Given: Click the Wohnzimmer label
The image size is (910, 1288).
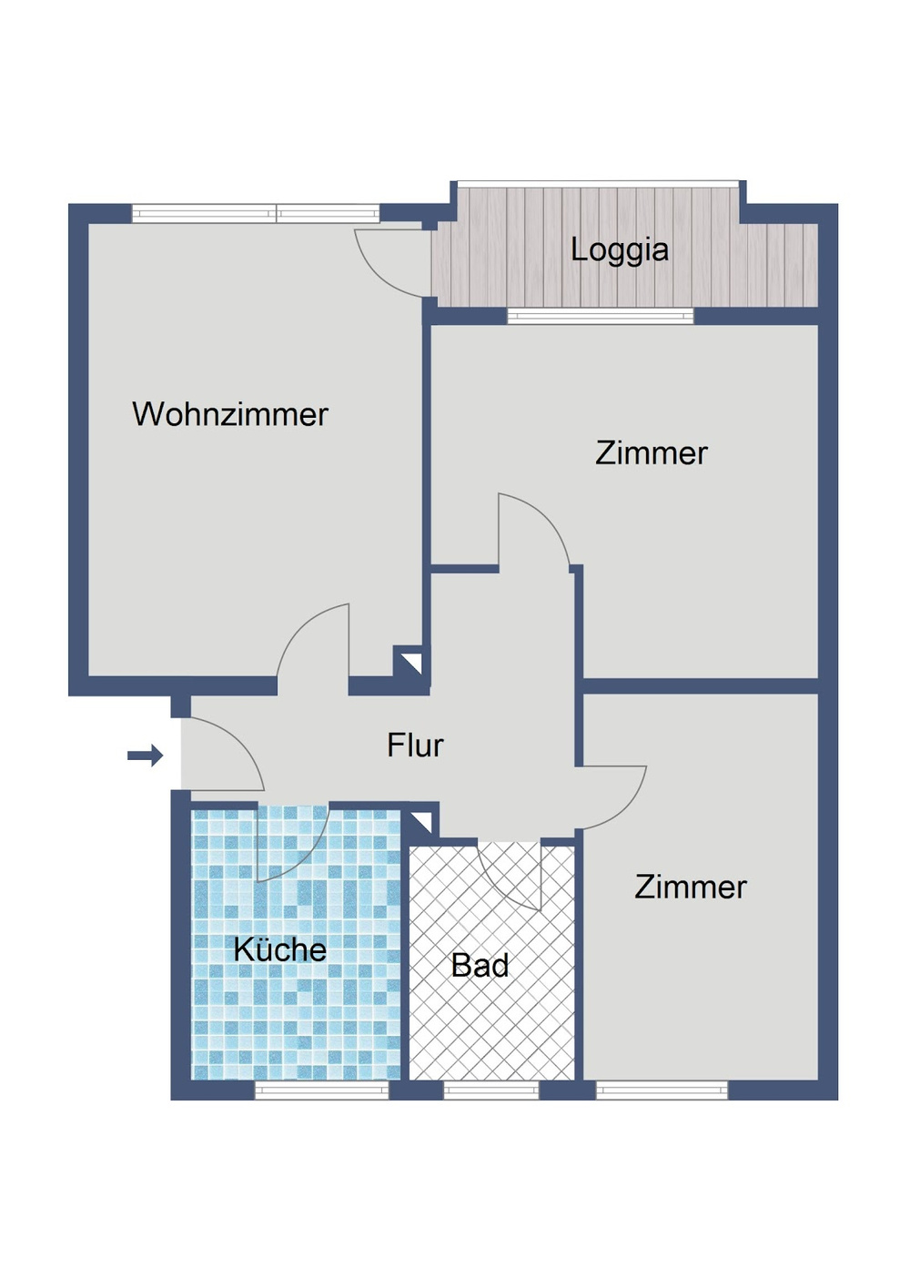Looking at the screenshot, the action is [230, 414].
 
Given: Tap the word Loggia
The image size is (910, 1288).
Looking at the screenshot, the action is [620, 250].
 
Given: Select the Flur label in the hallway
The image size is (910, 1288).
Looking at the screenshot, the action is [415, 745].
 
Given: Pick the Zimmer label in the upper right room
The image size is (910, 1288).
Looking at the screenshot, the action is [652, 453].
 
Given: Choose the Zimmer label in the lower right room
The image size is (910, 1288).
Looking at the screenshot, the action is [691, 887].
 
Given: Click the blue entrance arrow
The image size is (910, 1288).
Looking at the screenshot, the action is [145, 755].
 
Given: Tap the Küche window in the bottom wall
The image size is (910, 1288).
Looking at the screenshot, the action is [322, 1089].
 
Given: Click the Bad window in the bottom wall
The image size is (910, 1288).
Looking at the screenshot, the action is [490, 1089].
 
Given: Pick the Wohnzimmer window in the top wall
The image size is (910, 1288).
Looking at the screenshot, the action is [255, 213].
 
